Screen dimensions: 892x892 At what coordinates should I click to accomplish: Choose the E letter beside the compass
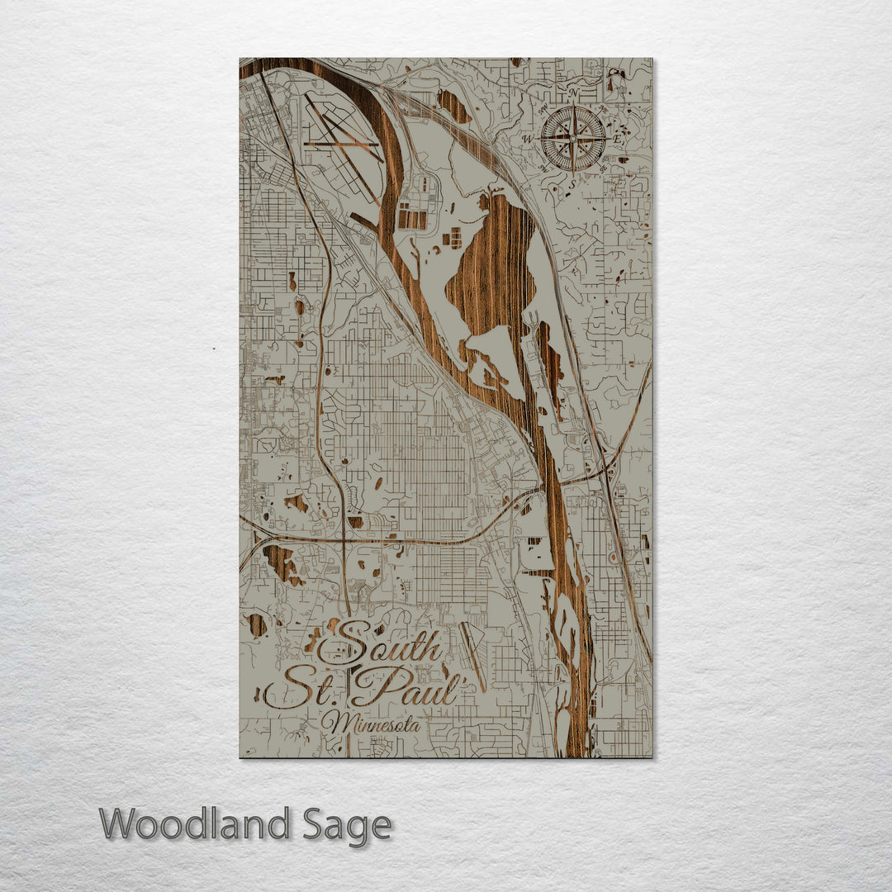tap(617, 140)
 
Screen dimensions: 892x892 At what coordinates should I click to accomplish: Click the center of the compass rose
tap(573, 140)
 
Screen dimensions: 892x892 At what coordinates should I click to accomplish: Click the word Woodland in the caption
tap(195, 824)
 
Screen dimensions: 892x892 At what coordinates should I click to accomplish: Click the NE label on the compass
tap(604, 110)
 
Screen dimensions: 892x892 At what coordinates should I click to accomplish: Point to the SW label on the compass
tap(543, 168)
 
